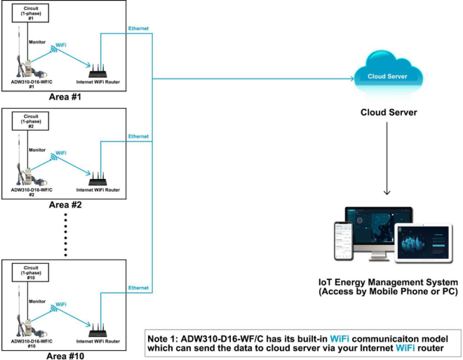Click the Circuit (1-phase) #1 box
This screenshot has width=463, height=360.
point(30,13)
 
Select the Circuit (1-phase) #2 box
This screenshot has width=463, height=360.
point(30,121)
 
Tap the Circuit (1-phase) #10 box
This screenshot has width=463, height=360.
point(30,272)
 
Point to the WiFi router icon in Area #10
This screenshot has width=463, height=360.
point(98,330)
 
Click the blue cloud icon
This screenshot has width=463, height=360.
point(388,73)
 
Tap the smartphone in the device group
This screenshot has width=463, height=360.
point(344,241)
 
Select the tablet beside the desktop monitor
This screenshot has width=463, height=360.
point(424,244)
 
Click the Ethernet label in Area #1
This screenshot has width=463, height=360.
point(138,28)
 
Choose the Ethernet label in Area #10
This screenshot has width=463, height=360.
point(138,288)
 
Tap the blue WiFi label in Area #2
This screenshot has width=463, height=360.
point(61,153)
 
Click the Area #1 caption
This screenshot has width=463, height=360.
point(65,97)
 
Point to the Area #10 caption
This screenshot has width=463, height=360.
point(65,356)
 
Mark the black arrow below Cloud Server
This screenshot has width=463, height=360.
point(387,159)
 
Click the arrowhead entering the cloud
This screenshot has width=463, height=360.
point(352,79)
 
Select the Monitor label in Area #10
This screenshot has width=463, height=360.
point(37,301)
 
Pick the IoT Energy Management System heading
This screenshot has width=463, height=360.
point(388,282)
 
